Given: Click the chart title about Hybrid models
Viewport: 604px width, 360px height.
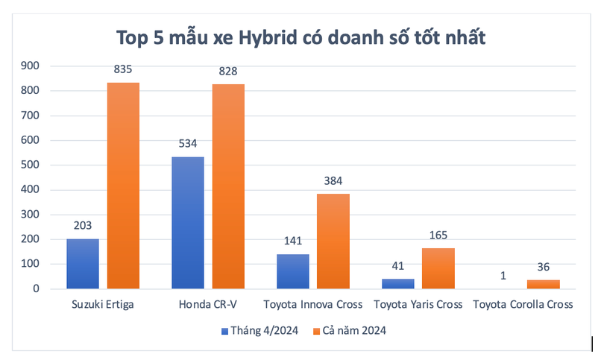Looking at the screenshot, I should [301, 37].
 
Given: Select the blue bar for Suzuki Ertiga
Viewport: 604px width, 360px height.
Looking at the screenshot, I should [82, 264].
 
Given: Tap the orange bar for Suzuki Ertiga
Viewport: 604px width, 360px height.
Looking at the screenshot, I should [123, 186].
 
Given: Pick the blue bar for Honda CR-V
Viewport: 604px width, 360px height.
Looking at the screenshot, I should [187, 223].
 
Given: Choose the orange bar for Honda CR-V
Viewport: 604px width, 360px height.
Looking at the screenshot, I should [228, 186].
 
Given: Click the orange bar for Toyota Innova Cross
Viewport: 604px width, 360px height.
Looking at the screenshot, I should [333, 241].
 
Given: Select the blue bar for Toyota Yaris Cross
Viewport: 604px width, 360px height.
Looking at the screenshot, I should [397, 284].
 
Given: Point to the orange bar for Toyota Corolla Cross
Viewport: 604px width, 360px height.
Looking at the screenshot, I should [544, 285].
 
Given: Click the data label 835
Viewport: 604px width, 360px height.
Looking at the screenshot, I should [123, 69].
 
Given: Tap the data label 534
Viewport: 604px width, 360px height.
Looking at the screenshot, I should [187, 144].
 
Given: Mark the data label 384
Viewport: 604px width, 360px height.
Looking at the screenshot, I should [333, 181].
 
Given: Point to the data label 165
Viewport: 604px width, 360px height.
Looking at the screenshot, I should [438, 236].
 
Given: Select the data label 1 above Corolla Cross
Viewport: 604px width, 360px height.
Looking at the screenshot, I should [503, 275].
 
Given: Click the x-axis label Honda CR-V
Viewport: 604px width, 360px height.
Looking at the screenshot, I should [208, 304].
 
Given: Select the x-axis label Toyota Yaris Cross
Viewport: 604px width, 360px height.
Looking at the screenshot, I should [418, 304].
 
